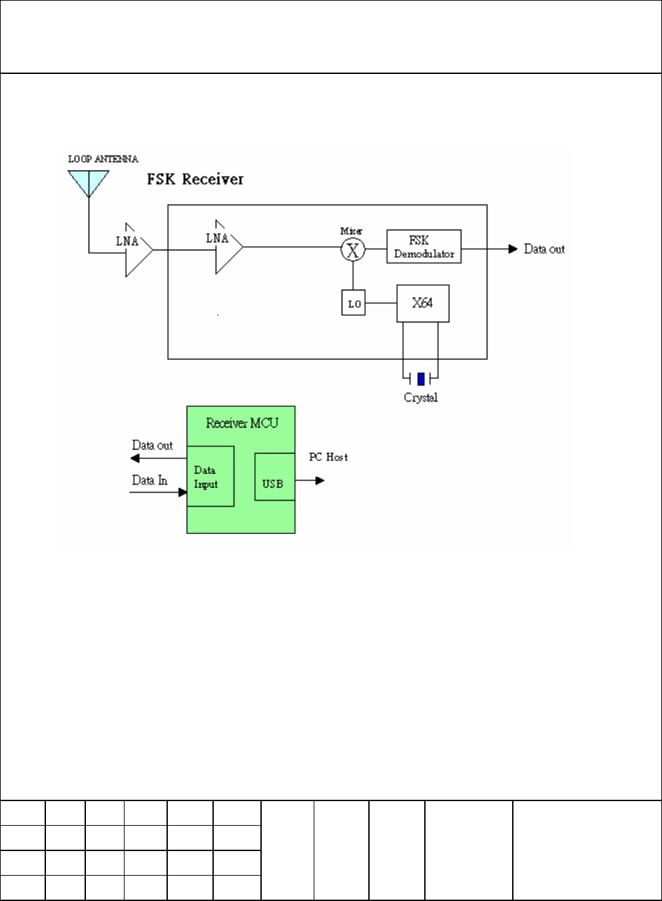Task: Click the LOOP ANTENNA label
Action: (x=103, y=159)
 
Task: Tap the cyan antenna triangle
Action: (x=89, y=181)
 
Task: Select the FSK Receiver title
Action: (x=195, y=179)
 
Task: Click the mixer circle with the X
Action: (x=353, y=250)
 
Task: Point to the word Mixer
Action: (x=351, y=231)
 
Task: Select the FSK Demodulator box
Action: (x=424, y=246)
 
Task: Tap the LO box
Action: (x=354, y=302)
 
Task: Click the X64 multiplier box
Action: (x=423, y=304)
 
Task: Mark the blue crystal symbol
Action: (x=421, y=379)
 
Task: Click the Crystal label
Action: (x=421, y=398)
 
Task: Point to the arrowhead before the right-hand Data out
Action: (x=513, y=249)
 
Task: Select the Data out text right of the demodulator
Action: (x=544, y=249)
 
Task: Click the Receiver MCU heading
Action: (x=242, y=423)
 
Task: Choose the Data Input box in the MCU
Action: (x=210, y=476)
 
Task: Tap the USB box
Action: (x=274, y=477)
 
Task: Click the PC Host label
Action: (x=328, y=457)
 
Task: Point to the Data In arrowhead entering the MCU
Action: (x=182, y=492)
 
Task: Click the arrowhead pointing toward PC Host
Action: (x=320, y=480)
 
